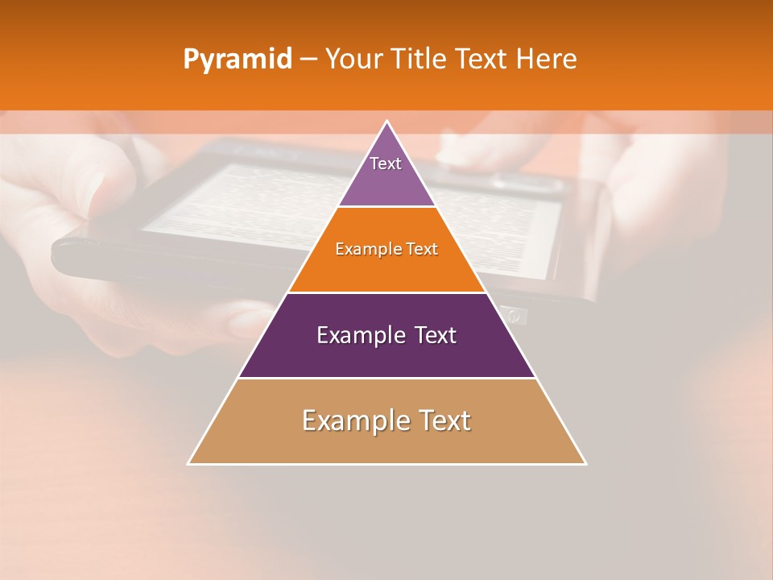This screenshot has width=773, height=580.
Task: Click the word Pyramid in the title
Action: (x=238, y=60)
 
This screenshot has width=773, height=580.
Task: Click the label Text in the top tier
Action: (x=386, y=164)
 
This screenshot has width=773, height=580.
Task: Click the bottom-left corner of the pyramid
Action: (x=189, y=463)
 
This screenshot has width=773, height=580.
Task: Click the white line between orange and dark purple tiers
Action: (x=386, y=292)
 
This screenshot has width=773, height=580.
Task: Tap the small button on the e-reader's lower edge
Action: (x=514, y=315)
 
